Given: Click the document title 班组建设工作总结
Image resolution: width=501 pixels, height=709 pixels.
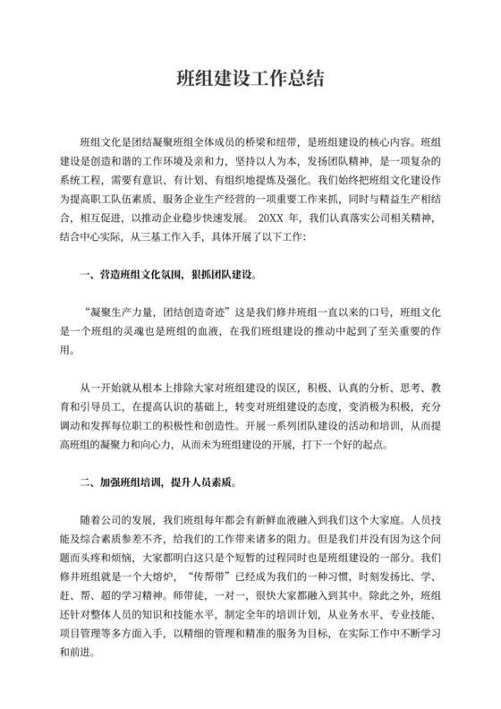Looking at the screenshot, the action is pos(250,79).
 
